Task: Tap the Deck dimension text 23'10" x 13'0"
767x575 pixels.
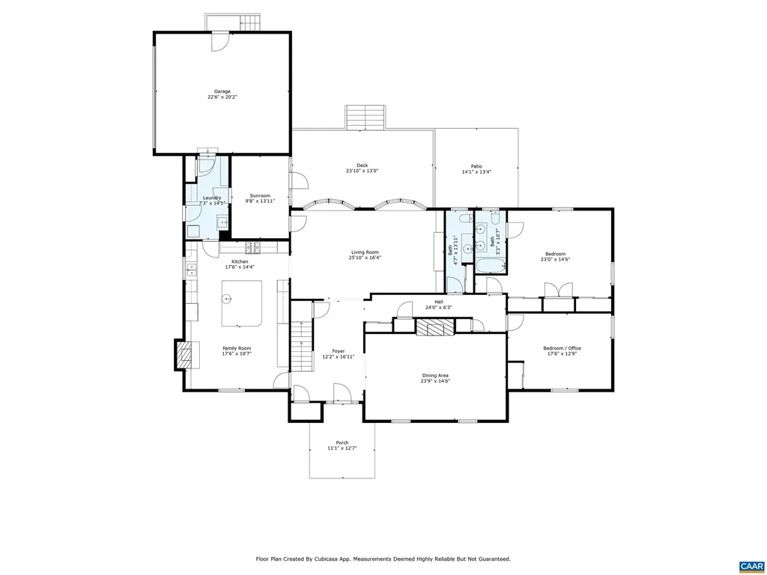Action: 362,171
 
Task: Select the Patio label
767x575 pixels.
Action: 476,166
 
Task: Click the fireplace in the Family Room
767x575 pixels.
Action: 183,355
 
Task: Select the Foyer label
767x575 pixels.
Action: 338,351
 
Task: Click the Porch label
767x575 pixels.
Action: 342,442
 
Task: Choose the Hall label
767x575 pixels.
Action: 439,302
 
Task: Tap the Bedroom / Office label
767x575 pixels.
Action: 562,348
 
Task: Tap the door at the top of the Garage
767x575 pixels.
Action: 219,41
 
